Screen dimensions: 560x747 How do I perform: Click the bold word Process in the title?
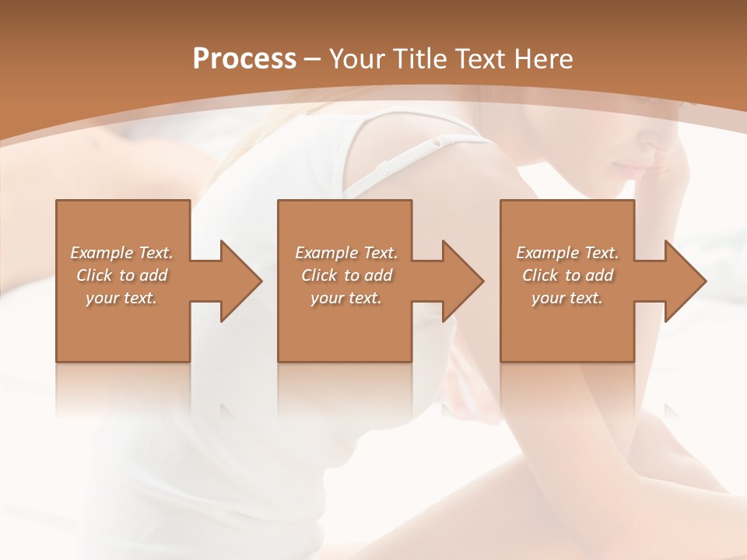tap(244, 59)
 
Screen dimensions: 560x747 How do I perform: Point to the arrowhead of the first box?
tap(241, 281)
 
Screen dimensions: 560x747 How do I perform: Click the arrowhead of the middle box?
tap(463, 281)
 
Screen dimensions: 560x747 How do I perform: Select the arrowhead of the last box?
tap(686, 281)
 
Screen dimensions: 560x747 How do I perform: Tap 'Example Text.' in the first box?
tap(122, 253)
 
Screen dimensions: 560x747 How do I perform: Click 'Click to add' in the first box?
tap(122, 275)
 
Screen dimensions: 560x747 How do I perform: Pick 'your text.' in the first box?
tap(122, 298)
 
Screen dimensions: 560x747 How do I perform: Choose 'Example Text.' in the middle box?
tap(346, 253)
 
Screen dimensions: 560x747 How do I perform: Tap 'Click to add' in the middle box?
tap(346, 275)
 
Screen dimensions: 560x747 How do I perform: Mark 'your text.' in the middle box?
tap(346, 298)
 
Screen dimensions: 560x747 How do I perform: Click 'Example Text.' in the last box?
tap(567, 253)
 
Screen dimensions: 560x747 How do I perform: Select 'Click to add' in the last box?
tap(567, 275)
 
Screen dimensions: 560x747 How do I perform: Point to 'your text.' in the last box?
tap(567, 298)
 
